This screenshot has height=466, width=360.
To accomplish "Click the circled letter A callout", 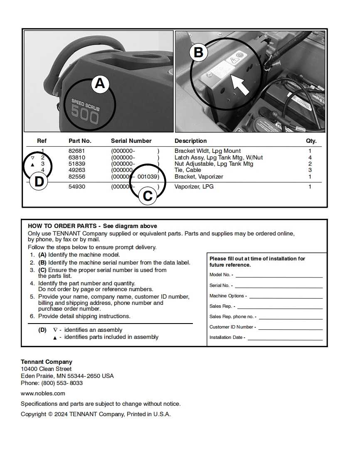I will pos(100,84).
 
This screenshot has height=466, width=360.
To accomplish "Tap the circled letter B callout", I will pos(199,53).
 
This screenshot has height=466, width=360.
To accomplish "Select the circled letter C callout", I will pos(148,196).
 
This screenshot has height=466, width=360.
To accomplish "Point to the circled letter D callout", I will pos(39,182).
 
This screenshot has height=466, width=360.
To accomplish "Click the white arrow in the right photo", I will pos(240,85).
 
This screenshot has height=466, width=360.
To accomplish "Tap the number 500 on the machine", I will pos(85,115).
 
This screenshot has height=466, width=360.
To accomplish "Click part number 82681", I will pos(76,151).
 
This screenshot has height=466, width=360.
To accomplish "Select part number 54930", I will pos(76,187).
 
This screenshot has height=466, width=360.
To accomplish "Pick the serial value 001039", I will pos(148,177).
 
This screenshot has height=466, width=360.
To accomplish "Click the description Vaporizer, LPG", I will pos(194,187).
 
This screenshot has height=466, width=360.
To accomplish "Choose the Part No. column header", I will pos(80,141).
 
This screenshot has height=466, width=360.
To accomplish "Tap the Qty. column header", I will pos(311,141).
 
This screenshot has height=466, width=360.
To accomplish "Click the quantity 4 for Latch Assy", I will pos(310,158).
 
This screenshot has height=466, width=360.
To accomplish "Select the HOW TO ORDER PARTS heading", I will pos(62,226).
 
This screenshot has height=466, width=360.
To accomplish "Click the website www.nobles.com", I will pos(43,393).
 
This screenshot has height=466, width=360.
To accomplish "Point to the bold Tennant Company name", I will pos(47,362).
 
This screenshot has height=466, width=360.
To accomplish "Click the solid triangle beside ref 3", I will pos(33,165).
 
